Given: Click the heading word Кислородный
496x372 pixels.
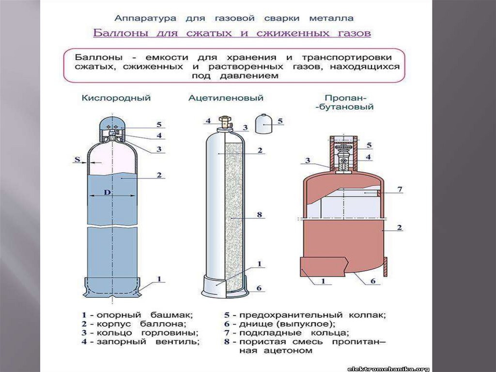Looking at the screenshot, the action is coord(116,98).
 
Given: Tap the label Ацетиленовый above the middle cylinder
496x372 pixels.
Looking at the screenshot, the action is coord(226,98).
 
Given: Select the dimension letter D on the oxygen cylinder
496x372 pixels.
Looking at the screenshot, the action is coord(108,192).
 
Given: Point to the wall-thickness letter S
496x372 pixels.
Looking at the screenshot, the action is coord(77,159).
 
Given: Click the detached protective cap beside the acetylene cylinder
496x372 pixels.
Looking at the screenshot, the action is coord(263,125).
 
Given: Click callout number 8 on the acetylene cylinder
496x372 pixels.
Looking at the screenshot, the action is coord(260,214).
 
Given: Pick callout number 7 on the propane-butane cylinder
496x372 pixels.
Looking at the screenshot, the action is coord(400,189).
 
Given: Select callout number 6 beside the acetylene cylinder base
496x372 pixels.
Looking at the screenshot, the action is coord(259,288).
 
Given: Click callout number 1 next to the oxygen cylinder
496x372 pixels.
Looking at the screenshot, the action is coord(159,279).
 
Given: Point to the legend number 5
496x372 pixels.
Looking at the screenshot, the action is coord(227,315).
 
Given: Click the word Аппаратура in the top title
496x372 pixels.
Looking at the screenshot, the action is coord(145,18).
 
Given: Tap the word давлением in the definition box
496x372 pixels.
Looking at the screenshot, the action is coord(249,76).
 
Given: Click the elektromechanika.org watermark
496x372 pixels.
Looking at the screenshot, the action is coord(388,369).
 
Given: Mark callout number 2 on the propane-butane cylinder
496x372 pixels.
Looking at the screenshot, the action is coord(400,227).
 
